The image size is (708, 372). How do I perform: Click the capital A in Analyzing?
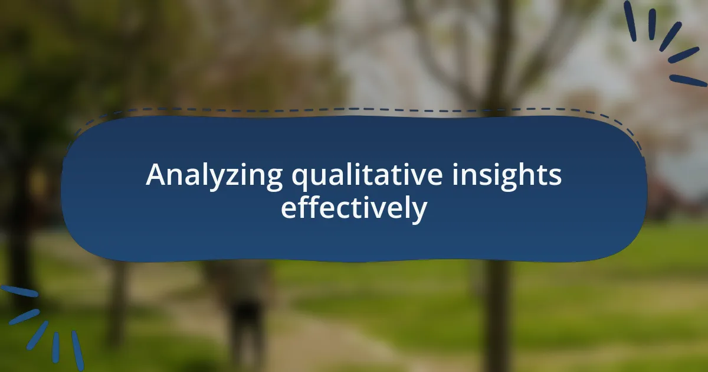156,175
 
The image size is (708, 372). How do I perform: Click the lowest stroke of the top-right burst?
688,80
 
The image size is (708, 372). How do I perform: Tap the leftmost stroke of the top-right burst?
630,21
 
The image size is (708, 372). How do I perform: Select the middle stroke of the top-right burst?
671,37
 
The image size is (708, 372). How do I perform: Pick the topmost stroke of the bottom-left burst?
19,291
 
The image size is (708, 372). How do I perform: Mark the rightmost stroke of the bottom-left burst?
78,351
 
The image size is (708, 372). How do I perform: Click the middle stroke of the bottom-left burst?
37,335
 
